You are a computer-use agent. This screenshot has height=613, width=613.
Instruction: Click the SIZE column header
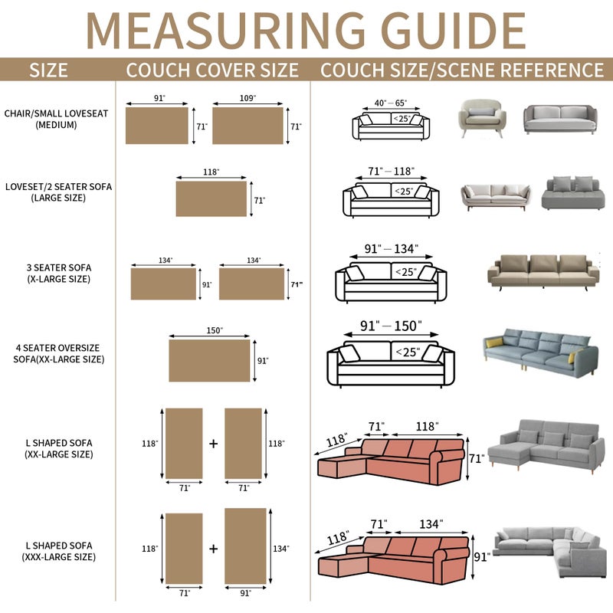(x=48, y=70)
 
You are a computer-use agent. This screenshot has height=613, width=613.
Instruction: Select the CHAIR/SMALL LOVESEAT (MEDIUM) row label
(x=56, y=119)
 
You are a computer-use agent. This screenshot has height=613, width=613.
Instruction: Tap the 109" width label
(x=247, y=98)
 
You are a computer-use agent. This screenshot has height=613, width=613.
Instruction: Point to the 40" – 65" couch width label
(x=391, y=103)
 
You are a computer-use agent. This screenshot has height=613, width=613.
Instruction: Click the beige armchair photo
(x=482, y=118)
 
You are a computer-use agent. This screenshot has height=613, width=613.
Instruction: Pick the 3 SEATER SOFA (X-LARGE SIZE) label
(x=59, y=273)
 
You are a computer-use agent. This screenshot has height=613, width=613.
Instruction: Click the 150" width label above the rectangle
(x=215, y=330)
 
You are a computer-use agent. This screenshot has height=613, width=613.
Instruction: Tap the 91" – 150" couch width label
(x=391, y=326)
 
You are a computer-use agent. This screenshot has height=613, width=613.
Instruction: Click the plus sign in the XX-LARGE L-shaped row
(x=213, y=444)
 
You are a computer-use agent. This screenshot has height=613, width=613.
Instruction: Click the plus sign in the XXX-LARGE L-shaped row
(x=213, y=549)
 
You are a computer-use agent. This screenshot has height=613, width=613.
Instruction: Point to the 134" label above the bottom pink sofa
(x=431, y=524)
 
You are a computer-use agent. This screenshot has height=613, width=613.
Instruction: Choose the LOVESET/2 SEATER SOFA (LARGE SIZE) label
(x=58, y=192)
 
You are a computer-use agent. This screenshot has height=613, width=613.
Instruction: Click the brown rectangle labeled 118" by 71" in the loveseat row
(x=211, y=198)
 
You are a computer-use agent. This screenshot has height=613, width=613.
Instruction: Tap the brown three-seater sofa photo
(x=543, y=273)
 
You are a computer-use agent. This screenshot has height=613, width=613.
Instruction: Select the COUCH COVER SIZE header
(x=212, y=70)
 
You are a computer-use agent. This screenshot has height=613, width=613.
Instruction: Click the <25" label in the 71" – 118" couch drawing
(x=404, y=191)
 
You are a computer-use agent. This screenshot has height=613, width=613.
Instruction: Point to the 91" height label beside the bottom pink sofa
(x=481, y=557)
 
